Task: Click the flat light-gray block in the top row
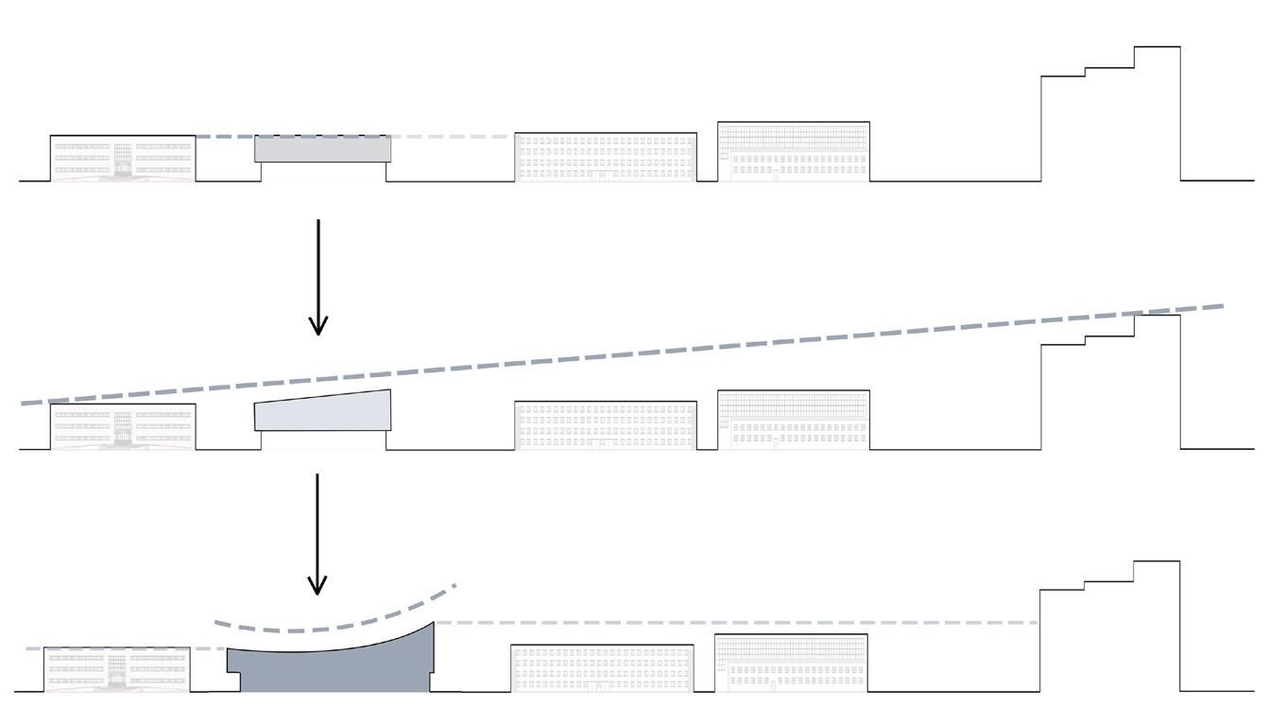coord(323,149)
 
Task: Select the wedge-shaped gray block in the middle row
coord(323,412)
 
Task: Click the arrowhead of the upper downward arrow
coord(318,325)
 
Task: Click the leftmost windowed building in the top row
coord(123,158)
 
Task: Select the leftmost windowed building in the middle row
coord(123,426)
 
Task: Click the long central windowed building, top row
coord(606,157)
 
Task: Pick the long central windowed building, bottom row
coord(602,668)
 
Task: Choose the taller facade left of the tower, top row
coord(794,151)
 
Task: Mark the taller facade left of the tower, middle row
coord(794,420)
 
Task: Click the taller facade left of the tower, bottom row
coord(791,663)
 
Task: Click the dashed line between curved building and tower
coord(737,623)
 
